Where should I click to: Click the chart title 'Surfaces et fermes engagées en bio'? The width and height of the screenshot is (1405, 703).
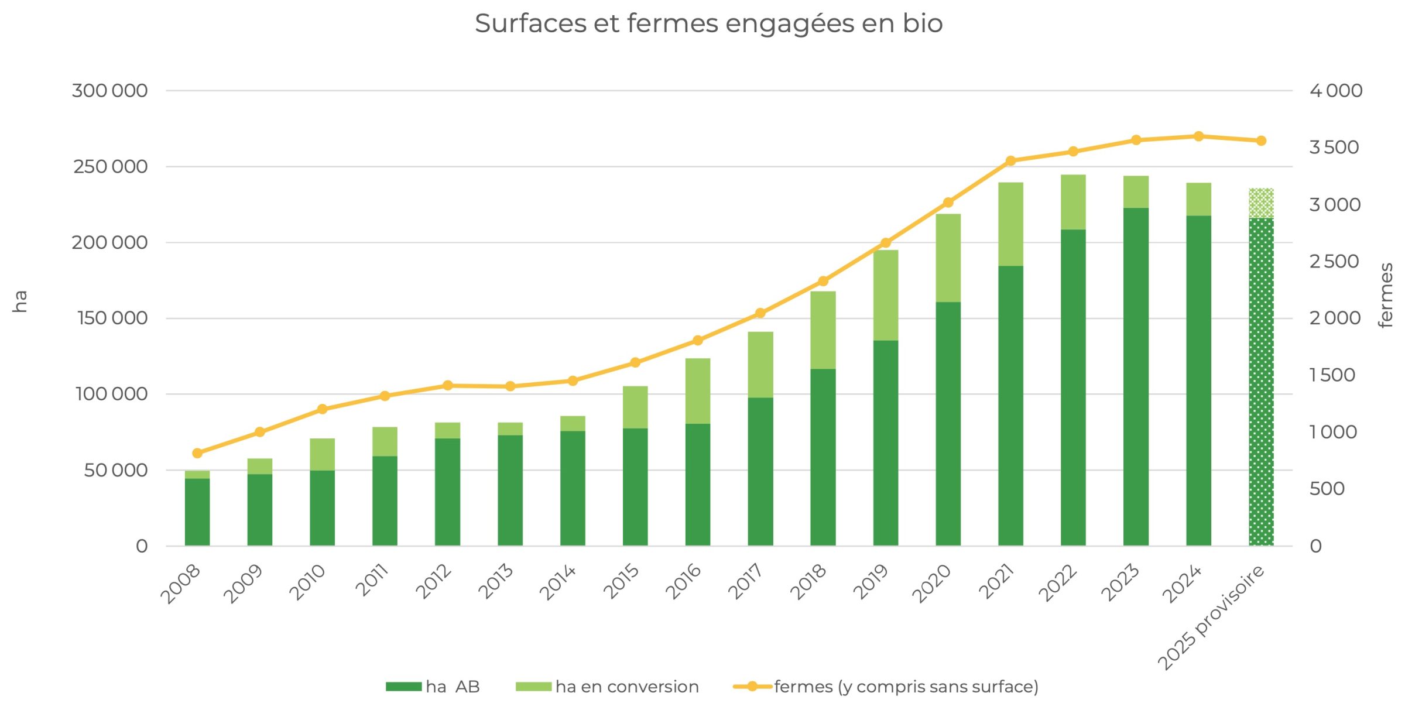click(x=708, y=24)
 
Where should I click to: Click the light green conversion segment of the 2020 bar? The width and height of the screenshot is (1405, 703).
click(x=948, y=258)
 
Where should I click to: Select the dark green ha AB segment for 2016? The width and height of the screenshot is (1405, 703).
click(x=698, y=485)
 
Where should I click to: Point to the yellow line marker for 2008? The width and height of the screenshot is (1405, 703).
click(x=197, y=453)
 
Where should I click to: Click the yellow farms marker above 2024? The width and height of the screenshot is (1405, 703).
click(x=1198, y=136)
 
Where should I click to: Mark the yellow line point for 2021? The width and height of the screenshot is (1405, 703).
click(x=1010, y=161)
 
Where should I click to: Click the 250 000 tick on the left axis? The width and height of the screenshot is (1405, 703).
click(x=110, y=167)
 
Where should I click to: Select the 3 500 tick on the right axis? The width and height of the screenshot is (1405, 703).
click(x=1334, y=148)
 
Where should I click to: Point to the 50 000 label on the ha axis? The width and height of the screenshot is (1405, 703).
click(x=115, y=470)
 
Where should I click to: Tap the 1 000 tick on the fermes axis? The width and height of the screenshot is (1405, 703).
click(x=1333, y=432)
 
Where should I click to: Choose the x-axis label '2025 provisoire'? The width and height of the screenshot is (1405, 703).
click(x=1212, y=618)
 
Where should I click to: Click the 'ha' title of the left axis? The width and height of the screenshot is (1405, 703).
click(x=20, y=301)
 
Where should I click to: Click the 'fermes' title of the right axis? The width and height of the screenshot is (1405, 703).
click(x=1385, y=295)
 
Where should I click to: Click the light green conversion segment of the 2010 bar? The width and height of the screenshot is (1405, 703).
click(x=322, y=454)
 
